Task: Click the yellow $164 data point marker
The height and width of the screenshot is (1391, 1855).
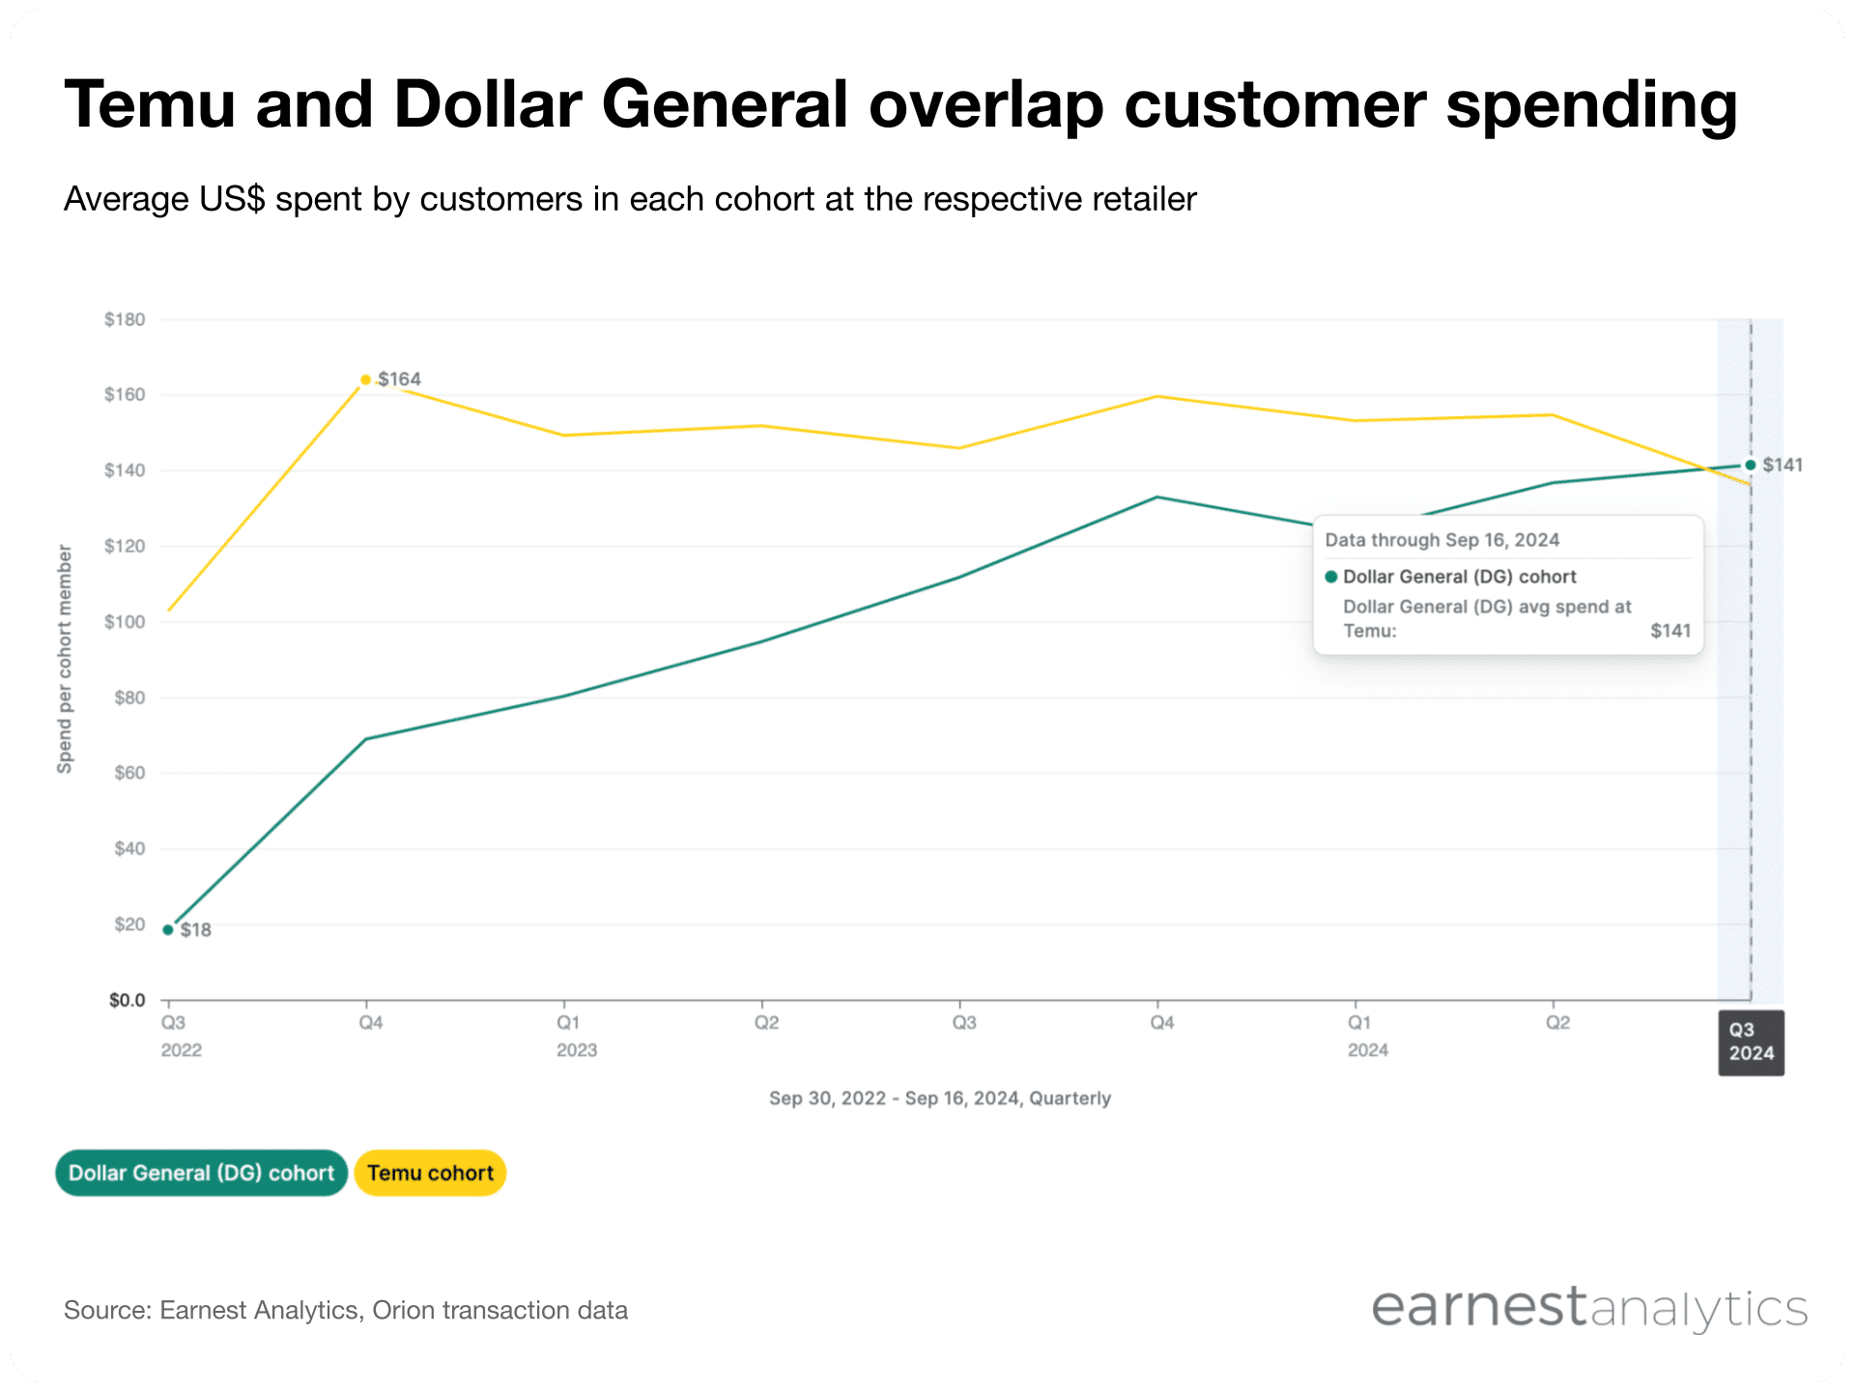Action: click(365, 380)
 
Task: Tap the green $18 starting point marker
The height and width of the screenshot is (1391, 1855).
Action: click(168, 929)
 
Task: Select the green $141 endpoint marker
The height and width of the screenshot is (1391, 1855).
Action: click(1750, 465)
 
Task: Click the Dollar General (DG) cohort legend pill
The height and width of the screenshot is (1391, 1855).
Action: click(201, 1173)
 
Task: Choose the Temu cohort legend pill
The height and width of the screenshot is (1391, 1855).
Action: click(430, 1173)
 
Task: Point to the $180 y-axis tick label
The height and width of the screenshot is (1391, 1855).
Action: click(125, 320)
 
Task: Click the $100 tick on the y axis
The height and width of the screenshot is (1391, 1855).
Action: click(125, 622)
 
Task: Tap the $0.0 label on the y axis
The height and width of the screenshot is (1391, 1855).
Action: click(127, 1000)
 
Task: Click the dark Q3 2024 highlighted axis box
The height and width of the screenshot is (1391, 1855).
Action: click(1751, 1042)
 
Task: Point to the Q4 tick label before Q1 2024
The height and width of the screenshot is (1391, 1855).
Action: click(1161, 1022)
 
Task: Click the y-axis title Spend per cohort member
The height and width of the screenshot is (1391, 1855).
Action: click(65, 659)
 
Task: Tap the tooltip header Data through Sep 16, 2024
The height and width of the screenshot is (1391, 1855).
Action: click(1441, 540)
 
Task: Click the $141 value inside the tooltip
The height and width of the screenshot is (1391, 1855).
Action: click(1669, 631)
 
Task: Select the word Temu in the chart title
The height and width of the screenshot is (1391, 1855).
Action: click(150, 104)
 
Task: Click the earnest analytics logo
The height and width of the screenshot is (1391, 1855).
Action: click(1588, 1308)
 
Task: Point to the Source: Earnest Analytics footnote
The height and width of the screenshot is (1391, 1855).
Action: click(345, 1310)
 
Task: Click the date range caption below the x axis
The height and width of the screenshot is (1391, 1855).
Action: click(939, 1098)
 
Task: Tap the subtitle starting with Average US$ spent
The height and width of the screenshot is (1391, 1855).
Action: click(629, 199)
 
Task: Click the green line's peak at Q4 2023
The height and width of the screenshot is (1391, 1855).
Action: click(1157, 497)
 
